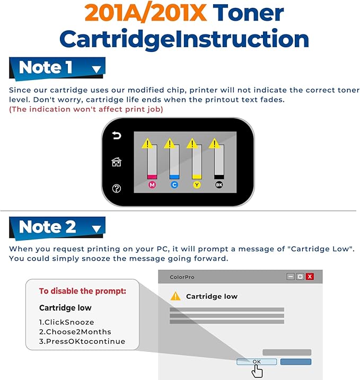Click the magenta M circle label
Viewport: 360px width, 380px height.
[152, 184]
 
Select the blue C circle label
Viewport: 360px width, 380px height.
[174, 184]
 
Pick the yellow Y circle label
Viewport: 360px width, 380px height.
[197, 184]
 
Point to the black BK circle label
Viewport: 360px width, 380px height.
[219, 184]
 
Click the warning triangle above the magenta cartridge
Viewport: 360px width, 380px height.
[147, 144]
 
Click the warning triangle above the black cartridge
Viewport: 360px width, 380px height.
[214, 144]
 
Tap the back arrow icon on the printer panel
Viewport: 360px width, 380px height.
[117, 136]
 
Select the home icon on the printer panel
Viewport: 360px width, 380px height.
[117, 162]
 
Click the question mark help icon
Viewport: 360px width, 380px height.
[117, 188]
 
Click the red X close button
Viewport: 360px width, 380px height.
[310, 277]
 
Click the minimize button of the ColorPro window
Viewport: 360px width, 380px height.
[291, 277]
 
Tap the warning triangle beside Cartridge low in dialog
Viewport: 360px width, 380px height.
[175, 296]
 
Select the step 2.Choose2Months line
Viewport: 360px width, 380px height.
[75, 332]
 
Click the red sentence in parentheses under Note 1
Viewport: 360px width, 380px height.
[86, 109]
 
